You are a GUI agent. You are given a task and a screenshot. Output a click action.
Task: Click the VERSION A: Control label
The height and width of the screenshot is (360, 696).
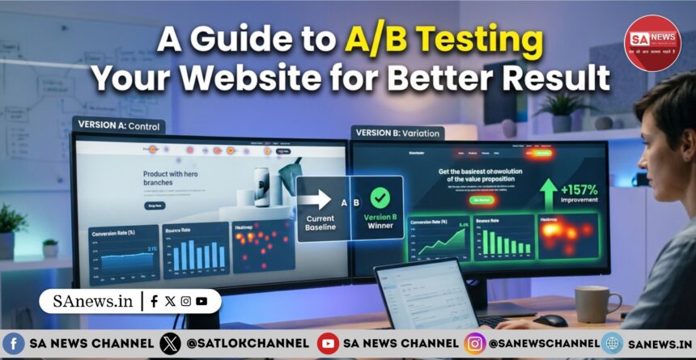pyautogui.click(x=118, y=125)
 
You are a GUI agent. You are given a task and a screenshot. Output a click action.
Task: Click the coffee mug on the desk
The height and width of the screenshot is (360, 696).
pyautogui.click(x=592, y=304)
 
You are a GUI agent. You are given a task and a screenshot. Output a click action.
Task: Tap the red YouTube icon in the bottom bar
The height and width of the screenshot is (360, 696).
pyautogui.click(x=328, y=343)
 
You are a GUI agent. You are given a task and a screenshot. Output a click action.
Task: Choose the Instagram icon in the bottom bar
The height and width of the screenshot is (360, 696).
pyautogui.click(x=475, y=343)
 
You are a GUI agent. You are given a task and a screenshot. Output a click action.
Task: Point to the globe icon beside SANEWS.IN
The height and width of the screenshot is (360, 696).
pyautogui.click(x=612, y=343)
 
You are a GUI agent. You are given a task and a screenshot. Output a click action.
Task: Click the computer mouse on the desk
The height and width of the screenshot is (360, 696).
pyautogui.click(x=550, y=320)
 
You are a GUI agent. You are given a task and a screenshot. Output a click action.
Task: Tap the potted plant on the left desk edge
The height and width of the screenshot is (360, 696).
pyautogui.click(x=11, y=227)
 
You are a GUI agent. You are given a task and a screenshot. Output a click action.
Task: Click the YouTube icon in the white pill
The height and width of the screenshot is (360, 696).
pyautogui.click(x=201, y=301)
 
